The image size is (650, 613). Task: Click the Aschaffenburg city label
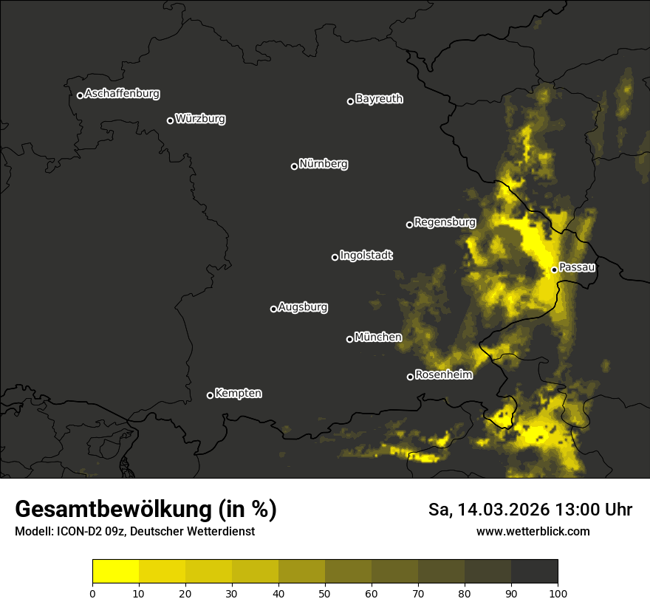(122, 94)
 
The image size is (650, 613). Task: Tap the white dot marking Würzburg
(170, 120)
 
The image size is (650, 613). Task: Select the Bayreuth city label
(379, 99)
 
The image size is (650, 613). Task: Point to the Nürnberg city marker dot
(294, 166)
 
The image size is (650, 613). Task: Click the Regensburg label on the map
(445, 222)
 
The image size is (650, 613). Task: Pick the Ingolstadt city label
(366, 256)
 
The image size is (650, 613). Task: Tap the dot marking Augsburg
(273, 309)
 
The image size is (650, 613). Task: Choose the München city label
(377, 338)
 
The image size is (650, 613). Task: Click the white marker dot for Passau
(554, 270)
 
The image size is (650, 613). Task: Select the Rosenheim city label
(443, 375)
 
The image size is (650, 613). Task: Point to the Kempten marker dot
(210, 395)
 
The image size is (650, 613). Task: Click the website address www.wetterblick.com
(533, 531)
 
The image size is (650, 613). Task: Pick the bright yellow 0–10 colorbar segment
(115, 572)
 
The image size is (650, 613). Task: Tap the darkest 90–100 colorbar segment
(534, 572)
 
